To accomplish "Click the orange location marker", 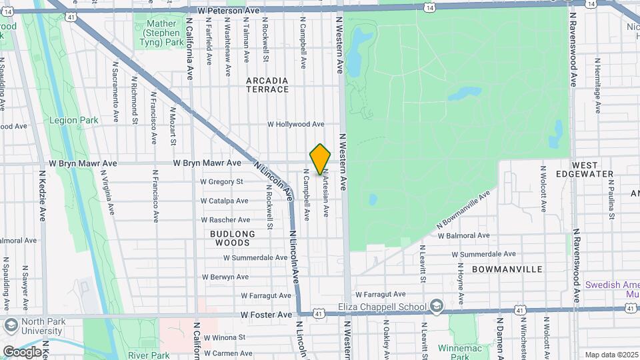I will pyautogui.click(x=320, y=159).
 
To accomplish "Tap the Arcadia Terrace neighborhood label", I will pyautogui.click(x=267, y=85).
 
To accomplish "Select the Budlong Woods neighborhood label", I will pyautogui.click(x=233, y=238).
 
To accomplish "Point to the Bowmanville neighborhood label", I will pyautogui.click(x=507, y=269).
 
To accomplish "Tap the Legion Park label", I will pyautogui.click(x=74, y=121).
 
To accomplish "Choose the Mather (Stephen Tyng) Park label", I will pyautogui.click(x=160, y=33).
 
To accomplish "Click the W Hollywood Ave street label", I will pyautogui.click(x=296, y=124).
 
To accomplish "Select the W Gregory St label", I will pyautogui.click(x=222, y=181).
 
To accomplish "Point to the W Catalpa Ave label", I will pyautogui.click(x=225, y=201).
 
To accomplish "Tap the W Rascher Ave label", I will pyautogui.click(x=225, y=220).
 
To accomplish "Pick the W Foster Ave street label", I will pyautogui.click(x=267, y=315).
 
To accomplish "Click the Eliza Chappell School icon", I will pyautogui.click(x=436, y=306).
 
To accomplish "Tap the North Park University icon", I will pyautogui.click(x=10, y=325).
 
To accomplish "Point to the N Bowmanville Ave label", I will pyautogui.click(x=463, y=209).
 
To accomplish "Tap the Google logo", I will pyautogui.click(x=21, y=351).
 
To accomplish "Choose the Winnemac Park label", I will pyautogui.click(x=459, y=348).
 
